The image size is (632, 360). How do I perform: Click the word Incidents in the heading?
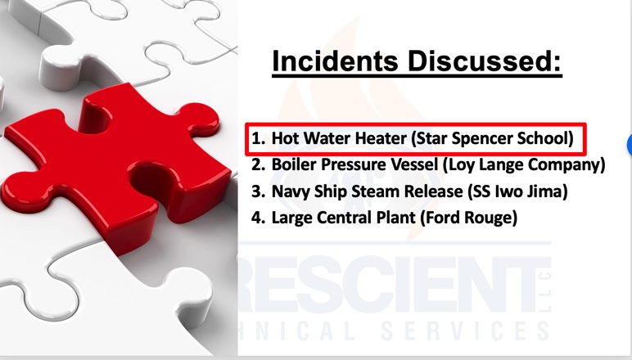(336, 61)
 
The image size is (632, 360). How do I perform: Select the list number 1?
(259, 138)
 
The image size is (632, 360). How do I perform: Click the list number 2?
(259, 164)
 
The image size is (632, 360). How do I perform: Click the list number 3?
(259, 191)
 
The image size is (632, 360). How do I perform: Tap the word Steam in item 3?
(375, 191)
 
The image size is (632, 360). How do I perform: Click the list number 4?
(259, 218)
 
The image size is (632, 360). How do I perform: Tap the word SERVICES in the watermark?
(465, 331)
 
